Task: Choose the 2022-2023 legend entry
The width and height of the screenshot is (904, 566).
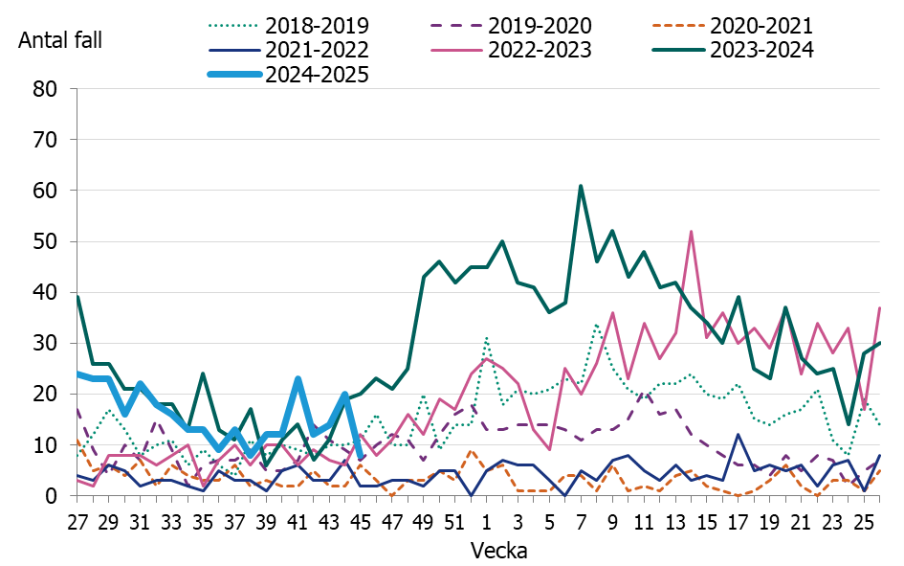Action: coord(539,50)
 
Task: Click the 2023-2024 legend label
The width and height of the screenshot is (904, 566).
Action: coord(761,50)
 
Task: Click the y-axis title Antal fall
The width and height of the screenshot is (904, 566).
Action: coord(59,41)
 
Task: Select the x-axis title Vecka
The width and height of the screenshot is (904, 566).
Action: coord(498,552)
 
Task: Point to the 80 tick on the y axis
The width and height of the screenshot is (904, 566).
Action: coord(46,89)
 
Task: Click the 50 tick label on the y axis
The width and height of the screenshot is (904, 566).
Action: coord(46,241)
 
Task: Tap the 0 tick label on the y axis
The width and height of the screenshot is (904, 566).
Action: coord(53,496)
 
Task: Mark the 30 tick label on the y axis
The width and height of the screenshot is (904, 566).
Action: coord(46,343)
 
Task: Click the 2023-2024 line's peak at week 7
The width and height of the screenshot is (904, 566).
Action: coord(581,186)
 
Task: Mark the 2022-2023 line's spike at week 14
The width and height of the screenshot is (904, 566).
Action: coord(691,232)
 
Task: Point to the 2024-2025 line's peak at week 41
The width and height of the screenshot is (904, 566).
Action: coord(298,379)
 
